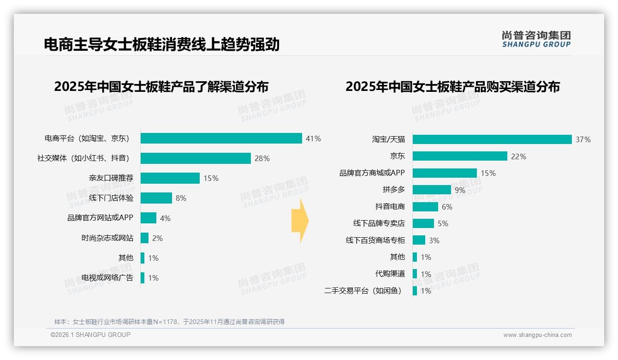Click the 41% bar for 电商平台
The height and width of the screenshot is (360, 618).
click(221, 138)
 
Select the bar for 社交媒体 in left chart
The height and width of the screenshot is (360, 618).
click(196, 158)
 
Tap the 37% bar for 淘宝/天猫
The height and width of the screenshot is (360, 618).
click(492, 139)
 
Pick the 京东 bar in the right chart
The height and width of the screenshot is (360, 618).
click(460, 156)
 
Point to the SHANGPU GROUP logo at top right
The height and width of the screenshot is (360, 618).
click(536, 39)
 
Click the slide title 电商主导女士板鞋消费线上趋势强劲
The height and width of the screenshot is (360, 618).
click(161, 45)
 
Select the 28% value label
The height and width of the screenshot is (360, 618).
click(262, 158)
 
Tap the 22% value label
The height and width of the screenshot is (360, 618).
click(518, 156)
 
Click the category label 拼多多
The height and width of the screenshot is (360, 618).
click(393, 190)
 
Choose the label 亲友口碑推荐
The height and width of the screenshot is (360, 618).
click(111, 178)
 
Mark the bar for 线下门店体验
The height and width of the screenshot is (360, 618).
click(156, 198)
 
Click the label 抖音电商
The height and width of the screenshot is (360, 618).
click(390, 207)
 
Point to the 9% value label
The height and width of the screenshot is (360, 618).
click(460, 190)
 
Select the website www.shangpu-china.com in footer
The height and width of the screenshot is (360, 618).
click(537, 335)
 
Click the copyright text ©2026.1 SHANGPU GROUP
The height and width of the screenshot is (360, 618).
click(90, 335)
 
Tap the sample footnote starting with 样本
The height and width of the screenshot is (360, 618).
click(169, 322)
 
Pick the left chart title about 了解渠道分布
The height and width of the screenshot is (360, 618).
click(161, 87)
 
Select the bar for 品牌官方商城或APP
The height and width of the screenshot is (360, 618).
click(445, 173)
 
